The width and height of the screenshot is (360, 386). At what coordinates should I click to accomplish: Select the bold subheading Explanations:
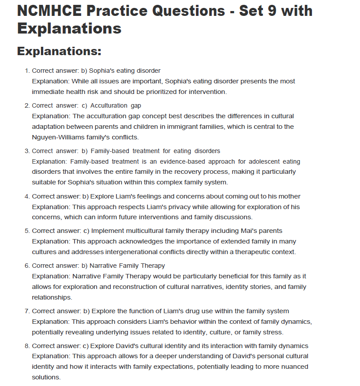pyautogui.click(x=59, y=51)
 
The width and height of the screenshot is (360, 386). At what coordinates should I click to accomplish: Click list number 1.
pyautogui.click(x=27, y=71)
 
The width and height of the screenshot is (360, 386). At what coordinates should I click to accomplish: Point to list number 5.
pyautogui.click(x=27, y=231)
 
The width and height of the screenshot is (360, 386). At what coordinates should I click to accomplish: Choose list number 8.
pyautogui.click(x=27, y=346)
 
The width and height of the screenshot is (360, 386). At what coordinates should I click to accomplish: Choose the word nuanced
pyautogui.click(x=286, y=367)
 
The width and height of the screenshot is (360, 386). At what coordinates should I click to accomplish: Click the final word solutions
pyautogui.click(x=46, y=377)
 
